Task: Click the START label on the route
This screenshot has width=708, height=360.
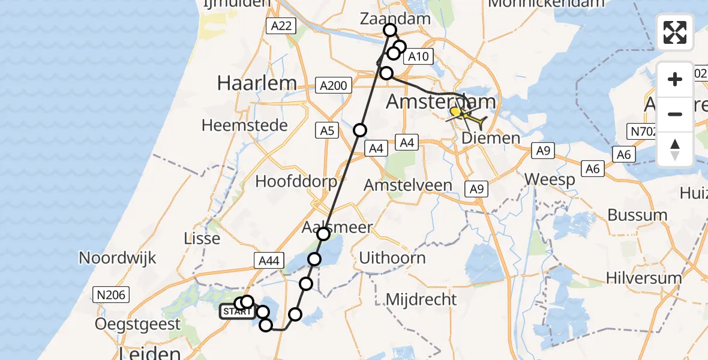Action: coord(237,312)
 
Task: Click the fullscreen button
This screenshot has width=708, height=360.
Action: coord(675,32)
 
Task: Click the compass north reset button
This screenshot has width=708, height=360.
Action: coord(675,149)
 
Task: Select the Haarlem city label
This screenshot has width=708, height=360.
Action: coord(257,83)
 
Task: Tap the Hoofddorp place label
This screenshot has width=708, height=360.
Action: coord(293,181)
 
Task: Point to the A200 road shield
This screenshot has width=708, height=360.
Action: coord(333,86)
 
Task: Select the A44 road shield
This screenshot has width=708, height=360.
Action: coord(268,260)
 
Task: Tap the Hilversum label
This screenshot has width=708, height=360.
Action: coord(644,278)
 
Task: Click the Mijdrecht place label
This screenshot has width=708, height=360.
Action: coord(421,299)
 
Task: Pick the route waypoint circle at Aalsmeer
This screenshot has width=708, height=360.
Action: coord(323,234)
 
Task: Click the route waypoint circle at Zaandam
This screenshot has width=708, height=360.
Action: coord(390,30)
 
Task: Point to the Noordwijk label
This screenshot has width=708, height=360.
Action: coord(118,258)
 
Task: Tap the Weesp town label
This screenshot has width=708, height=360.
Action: coord(548,179)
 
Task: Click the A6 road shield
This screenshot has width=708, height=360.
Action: coord(592,170)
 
